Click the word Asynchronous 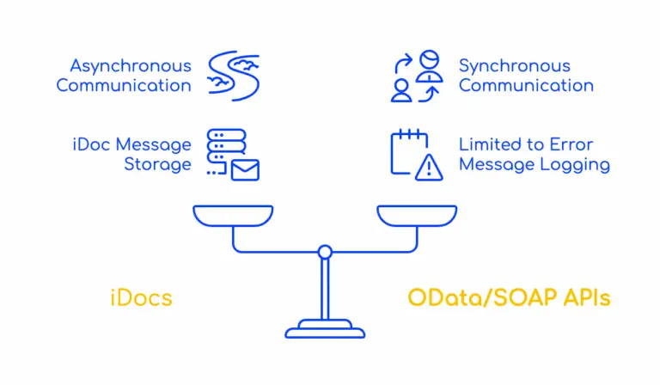click(x=130, y=65)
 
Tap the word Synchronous click(x=514, y=65)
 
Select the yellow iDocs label click(x=141, y=298)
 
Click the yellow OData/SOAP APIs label click(x=509, y=298)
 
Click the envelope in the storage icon click(x=246, y=169)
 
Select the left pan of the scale click(x=233, y=215)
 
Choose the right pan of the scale click(x=417, y=215)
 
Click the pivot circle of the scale click(x=325, y=252)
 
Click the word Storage click(x=157, y=164)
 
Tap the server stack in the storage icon click(x=226, y=146)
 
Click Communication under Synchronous click(x=526, y=85)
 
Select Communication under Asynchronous click(x=124, y=85)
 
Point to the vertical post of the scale click(x=325, y=288)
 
